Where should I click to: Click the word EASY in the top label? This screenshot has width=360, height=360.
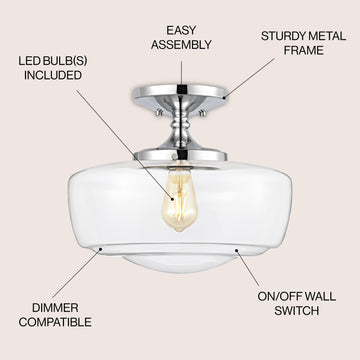tap(181, 30)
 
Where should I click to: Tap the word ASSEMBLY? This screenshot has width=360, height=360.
tap(181, 45)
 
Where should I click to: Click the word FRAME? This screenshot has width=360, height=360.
tap(304, 51)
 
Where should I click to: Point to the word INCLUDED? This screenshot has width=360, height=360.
tap(53, 75)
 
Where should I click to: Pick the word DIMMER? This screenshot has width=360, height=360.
tap(55, 308)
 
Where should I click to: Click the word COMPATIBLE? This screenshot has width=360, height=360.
tap(55, 322)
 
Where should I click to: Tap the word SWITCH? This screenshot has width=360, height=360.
tap(297, 311)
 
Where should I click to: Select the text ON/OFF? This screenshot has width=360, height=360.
tap(279, 297)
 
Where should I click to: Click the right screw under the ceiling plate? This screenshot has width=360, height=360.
tap(202, 113)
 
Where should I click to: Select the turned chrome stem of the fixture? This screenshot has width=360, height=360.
tap(181, 128)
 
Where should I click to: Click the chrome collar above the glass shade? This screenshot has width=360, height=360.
tap(180, 155)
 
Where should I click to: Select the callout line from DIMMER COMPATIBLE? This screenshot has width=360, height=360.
tap(76, 274)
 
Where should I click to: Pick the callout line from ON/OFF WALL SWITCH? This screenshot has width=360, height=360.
tap(247, 268)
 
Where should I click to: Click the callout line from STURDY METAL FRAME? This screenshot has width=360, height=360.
tap(250, 78)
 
